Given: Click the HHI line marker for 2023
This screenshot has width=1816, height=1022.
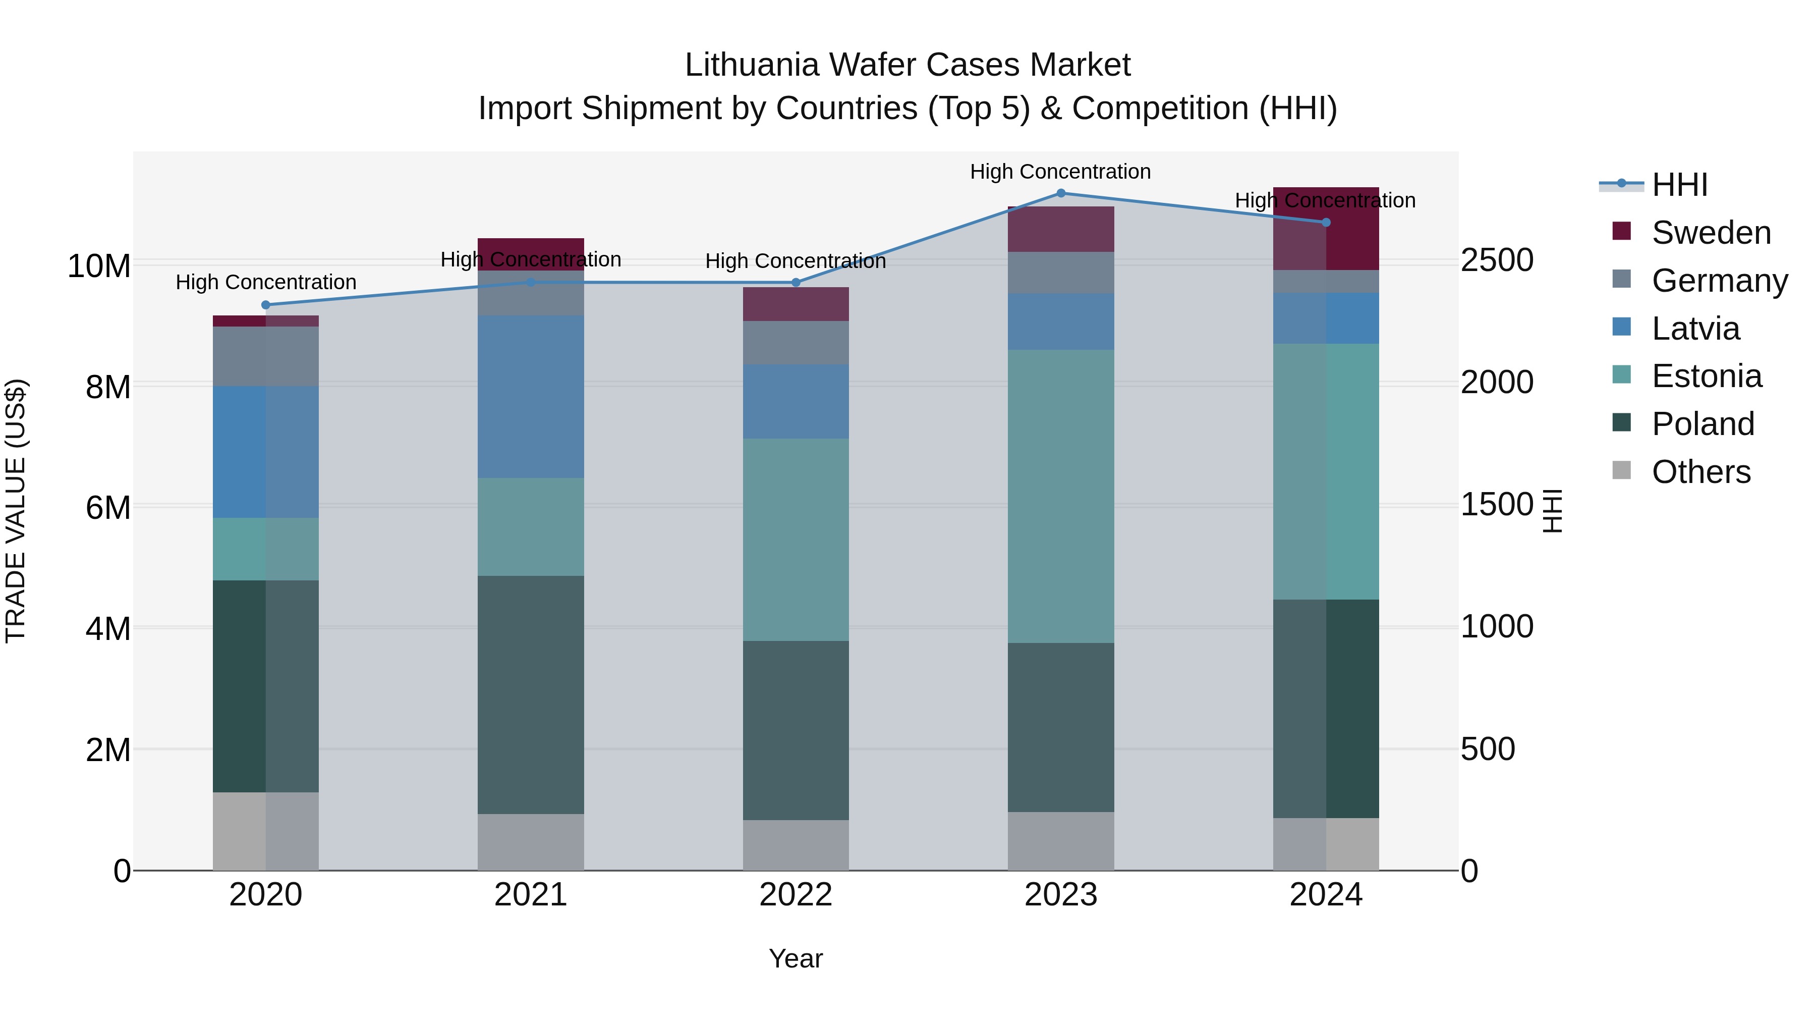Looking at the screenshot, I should tap(1060, 193).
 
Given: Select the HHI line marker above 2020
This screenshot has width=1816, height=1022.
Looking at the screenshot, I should tap(266, 305).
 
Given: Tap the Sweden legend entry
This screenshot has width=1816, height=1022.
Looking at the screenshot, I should tap(1710, 233).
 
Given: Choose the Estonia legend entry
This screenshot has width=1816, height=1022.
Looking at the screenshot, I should tap(1706, 376).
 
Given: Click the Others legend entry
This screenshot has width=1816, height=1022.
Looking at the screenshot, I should tap(1700, 472).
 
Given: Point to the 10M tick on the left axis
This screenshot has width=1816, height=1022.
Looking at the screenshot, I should tap(99, 266).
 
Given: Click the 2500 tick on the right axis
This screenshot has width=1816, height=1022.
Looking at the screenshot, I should tap(1496, 260).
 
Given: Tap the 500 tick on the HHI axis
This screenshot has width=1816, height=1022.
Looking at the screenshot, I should tap(1488, 749).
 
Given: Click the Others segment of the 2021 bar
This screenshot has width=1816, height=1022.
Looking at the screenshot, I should tap(531, 842).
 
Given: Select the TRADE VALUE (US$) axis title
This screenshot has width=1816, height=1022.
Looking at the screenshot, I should tap(16, 511).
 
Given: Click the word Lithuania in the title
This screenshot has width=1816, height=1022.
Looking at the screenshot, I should tap(752, 65).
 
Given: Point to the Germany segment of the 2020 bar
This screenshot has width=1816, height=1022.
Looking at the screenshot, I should tap(266, 356).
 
